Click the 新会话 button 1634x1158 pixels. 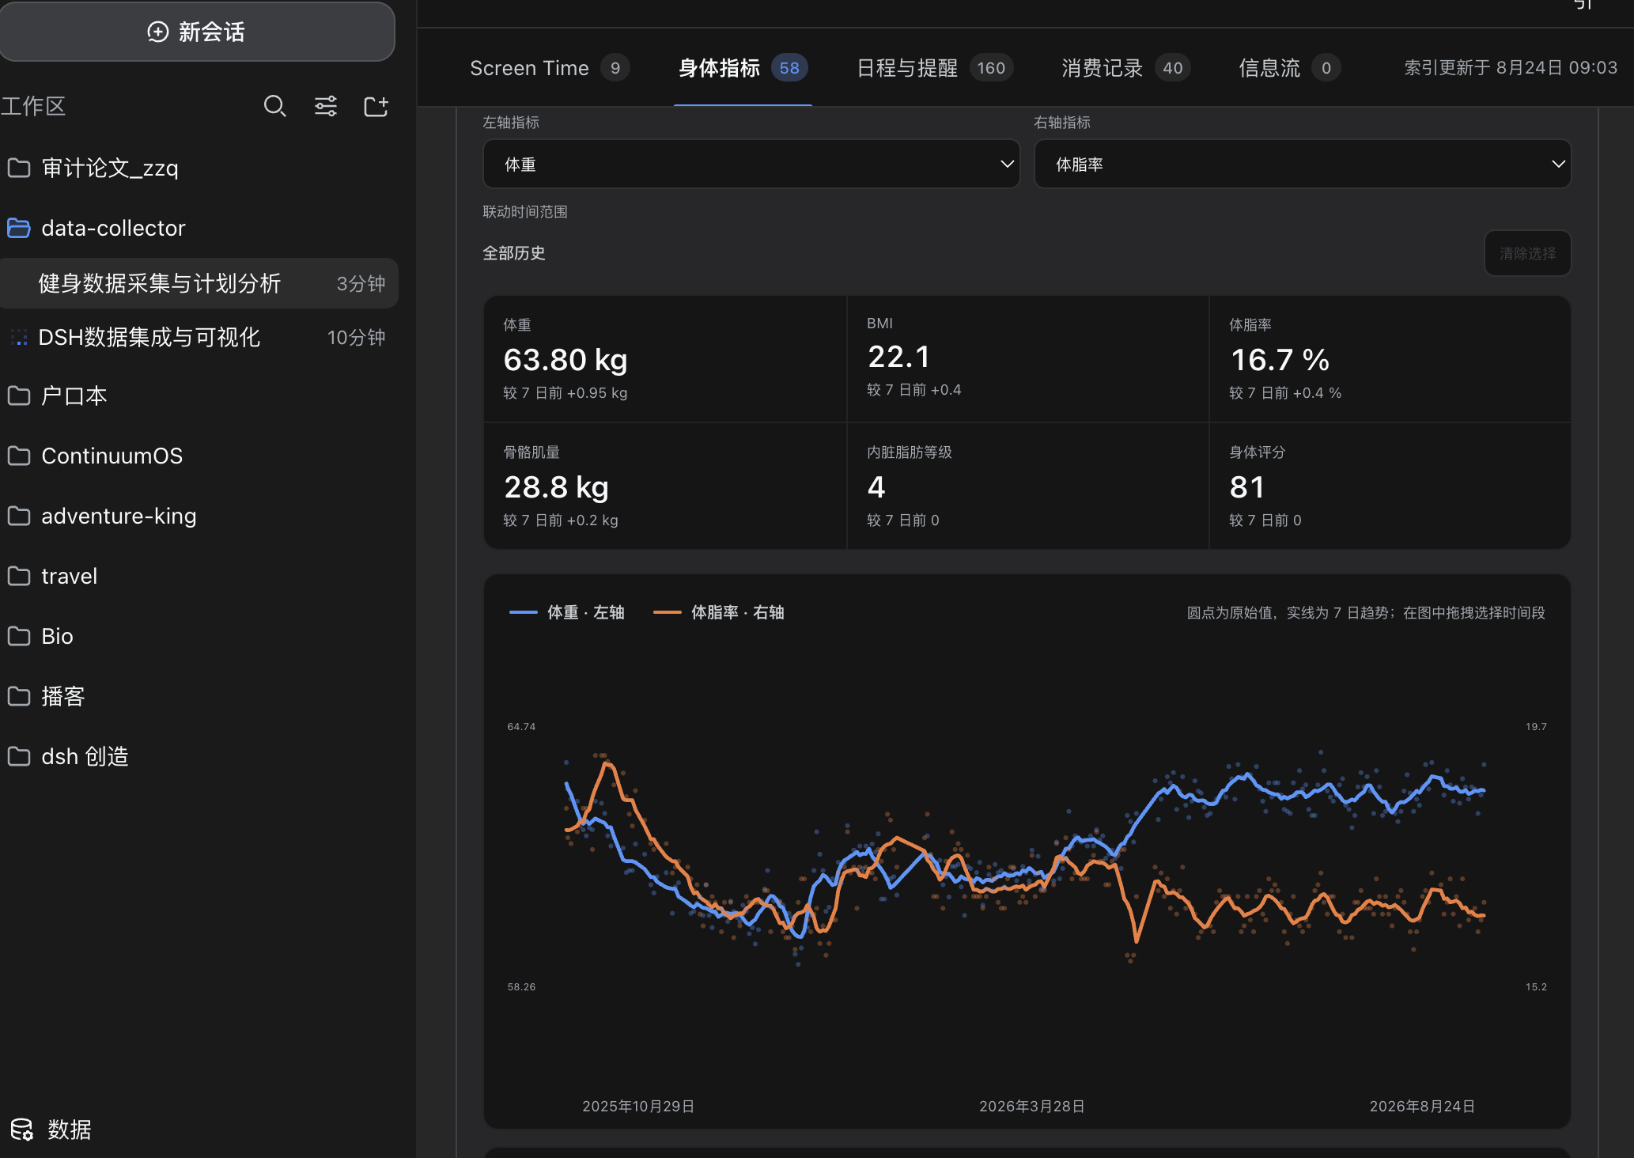(x=196, y=32)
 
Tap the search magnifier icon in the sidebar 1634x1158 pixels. (x=274, y=106)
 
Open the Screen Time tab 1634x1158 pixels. (x=549, y=68)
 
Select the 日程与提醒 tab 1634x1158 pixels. (x=935, y=68)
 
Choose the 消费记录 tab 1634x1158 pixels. (x=1125, y=68)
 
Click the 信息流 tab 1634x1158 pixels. (x=1289, y=68)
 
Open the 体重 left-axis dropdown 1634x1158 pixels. (x=751, y=164)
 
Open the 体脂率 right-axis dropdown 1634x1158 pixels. (x=1303, y=164)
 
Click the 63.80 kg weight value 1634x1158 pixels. (x=565, y=360)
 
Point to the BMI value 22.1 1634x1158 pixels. (x=898, y=357)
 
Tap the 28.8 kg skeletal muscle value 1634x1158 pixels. (x=556, y=487)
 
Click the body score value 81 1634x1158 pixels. (x=1247, y=487)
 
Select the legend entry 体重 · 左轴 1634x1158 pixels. (x=567, y=612)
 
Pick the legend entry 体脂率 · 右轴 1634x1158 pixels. (x=719, y=612)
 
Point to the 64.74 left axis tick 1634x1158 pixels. (x=521, y=726)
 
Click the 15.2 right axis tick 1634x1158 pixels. (x=1536, y=986)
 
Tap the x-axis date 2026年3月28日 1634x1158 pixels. (x=1032, y=1106)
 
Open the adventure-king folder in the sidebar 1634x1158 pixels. (x=119, y=516)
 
